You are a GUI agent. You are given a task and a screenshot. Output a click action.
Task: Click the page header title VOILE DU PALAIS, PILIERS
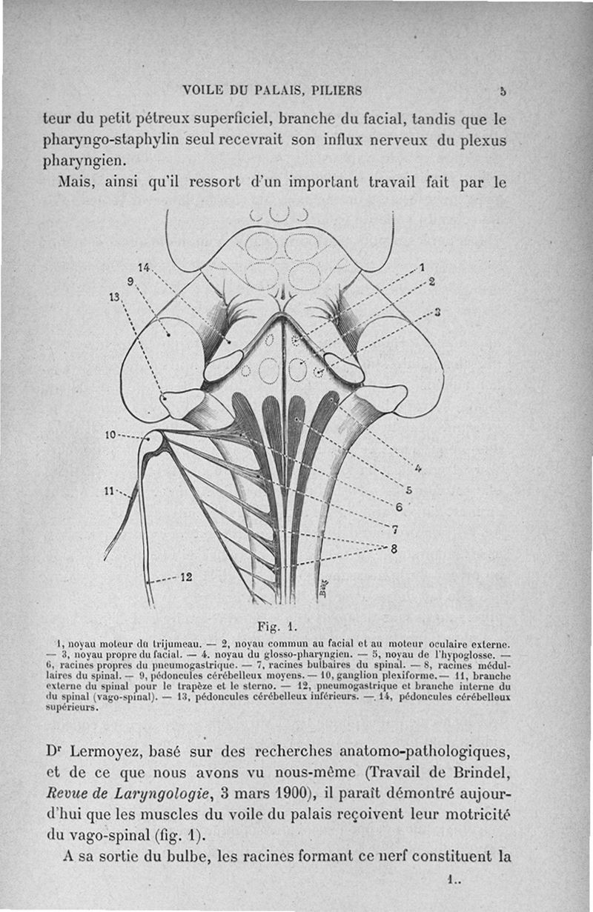click(x=272, y=92)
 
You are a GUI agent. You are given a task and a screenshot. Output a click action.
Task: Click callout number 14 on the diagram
click(x=143, y=267)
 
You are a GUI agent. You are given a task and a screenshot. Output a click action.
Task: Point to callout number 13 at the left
click(x=115, y=296)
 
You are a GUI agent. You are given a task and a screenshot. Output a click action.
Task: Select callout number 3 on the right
click(x=437, y=311)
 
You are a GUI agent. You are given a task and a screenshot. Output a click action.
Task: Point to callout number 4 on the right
click(x=418, y=467)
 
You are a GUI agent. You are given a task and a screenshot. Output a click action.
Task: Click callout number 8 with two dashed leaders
click(x=394, y=549)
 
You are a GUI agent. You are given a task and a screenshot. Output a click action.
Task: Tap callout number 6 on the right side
click(x=398, y=507)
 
